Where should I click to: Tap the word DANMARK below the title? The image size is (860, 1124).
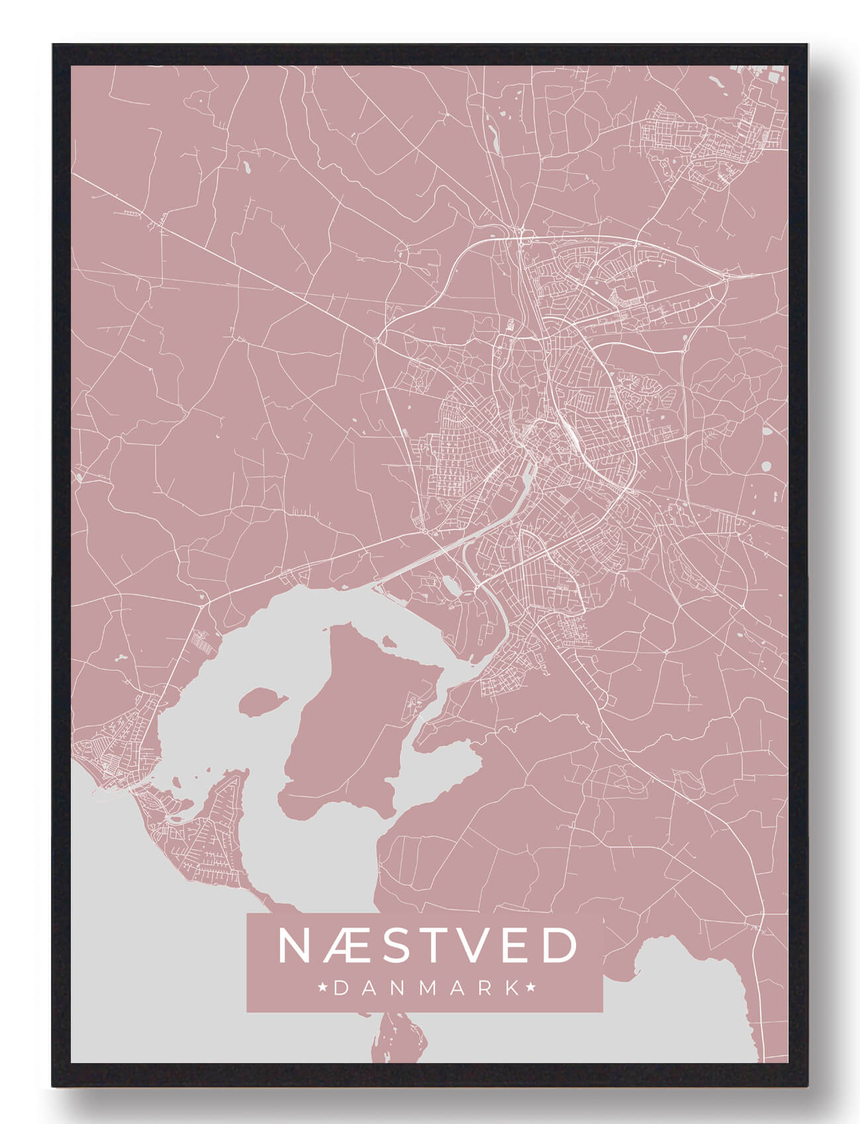tap(427, 988)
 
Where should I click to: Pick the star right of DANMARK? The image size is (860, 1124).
tap(531, 988)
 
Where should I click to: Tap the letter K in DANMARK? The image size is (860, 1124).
tap(511, 988)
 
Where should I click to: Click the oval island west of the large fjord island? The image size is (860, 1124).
tap(262, 701)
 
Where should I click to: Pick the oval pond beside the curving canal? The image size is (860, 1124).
tap(451, 584)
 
